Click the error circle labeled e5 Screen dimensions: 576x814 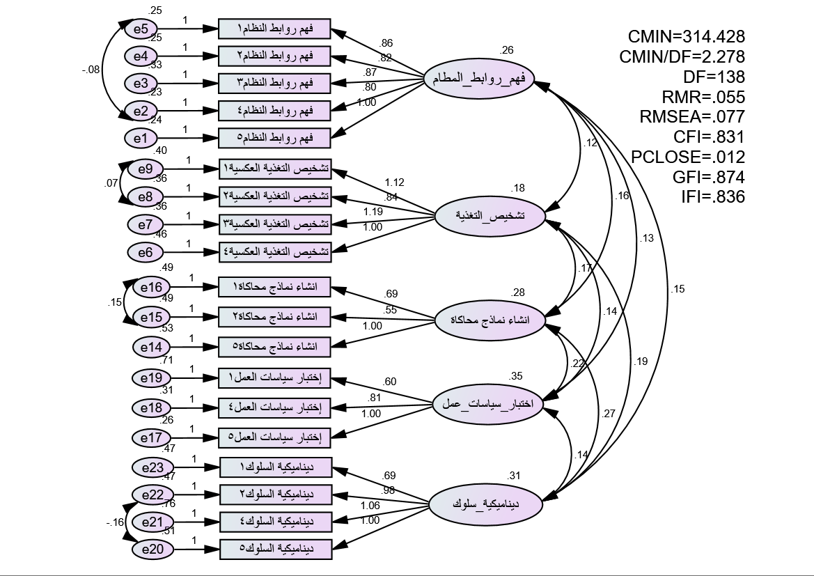click(x=141, y=29)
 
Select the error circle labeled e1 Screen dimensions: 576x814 click(x=141, y=139)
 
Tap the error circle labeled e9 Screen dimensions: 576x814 click(x=145, y=169)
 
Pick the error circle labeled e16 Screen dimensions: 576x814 click(x=151, y=287)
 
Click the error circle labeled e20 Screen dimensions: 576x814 click(x=151, y=550)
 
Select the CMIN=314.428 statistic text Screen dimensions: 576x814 click(x=687, y=37)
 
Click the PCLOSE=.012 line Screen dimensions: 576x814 click(x=688, y=157)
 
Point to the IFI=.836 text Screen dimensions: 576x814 click(x=713, y=197)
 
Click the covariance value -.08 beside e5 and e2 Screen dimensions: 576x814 click(x=91, y=70)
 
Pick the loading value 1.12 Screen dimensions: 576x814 click(x=394, y=183)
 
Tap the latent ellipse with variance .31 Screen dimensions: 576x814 click(x=485, y=503)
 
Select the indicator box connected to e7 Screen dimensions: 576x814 click(x=275, y=224)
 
